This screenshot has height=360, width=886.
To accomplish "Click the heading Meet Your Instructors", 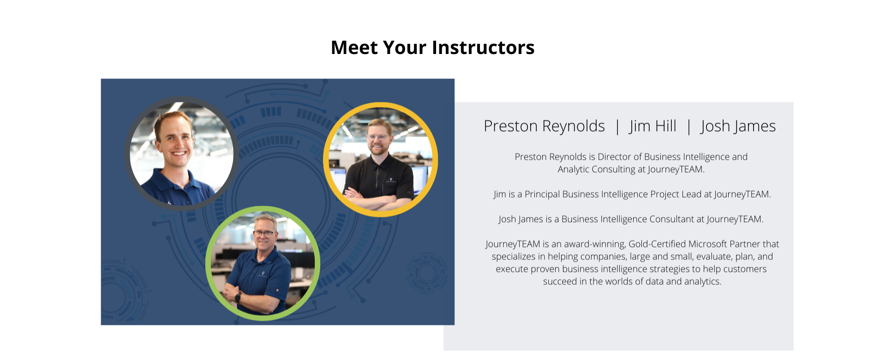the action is coord(432,48).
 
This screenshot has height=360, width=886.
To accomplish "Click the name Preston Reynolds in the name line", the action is coord(544,126).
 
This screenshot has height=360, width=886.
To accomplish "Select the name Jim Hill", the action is coord(653,126).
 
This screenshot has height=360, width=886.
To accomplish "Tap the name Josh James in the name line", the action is coord(738,126).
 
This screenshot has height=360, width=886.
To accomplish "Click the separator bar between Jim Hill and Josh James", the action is coord(689,126).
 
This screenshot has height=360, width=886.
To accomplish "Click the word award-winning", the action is coord(595,244).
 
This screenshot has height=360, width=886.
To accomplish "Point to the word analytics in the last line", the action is coord(702,282).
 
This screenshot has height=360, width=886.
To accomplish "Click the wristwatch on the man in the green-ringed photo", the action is coord(238,297).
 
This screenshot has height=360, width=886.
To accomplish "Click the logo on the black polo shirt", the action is coord(390,180).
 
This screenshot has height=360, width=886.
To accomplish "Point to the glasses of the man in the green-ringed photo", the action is coord(264,234).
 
